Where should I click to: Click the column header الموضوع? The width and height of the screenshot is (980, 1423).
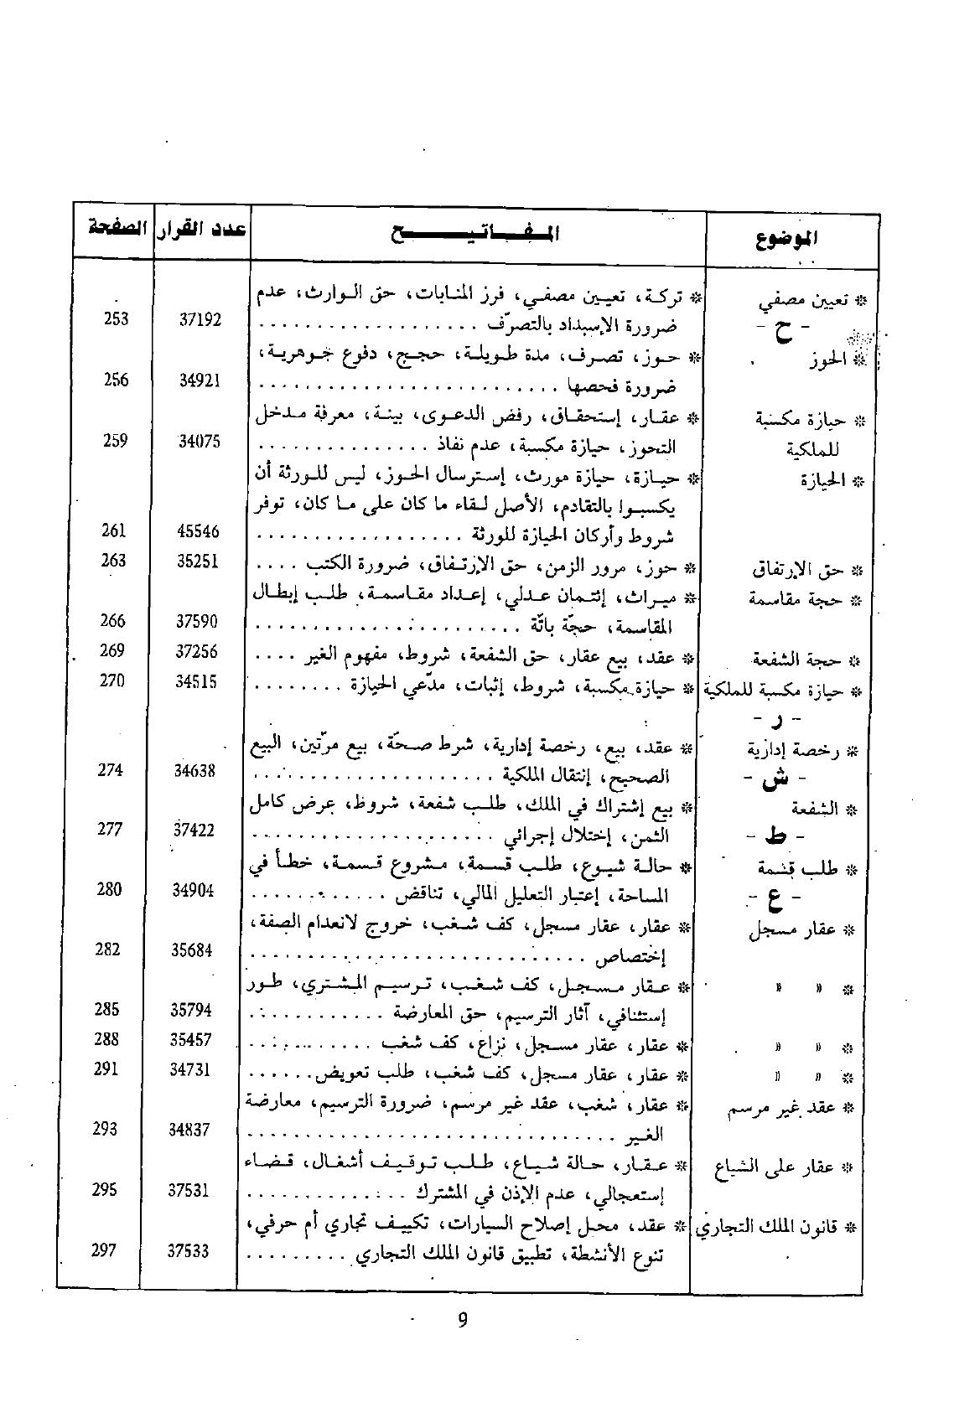pos(785,238)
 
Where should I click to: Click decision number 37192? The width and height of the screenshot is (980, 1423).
pos(200,320)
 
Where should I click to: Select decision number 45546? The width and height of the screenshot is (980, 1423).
pos(199,531)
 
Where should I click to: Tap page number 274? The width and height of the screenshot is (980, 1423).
pos(110,770)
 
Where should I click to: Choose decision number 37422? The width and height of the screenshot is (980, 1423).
pos(194,831)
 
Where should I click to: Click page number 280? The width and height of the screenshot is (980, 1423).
pos(109,889)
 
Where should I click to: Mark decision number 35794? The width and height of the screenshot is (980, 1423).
pos(191,1011)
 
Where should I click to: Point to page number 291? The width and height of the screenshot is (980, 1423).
pos(106,1069)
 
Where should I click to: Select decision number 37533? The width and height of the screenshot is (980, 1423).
pos(189,1251)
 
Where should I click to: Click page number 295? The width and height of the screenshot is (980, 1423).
pos(105,1190)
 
